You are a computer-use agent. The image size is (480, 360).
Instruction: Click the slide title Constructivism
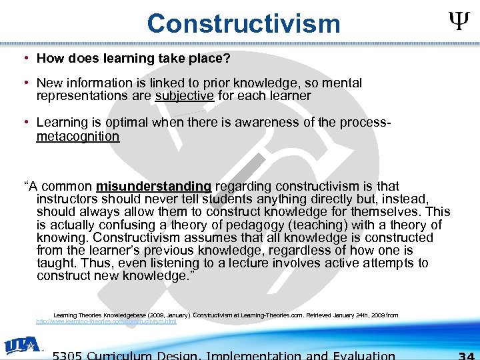point(243,23)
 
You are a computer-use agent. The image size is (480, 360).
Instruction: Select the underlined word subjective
point(185,95)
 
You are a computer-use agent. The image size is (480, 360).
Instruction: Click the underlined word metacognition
point(78,136)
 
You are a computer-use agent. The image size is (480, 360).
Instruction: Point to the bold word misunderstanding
point(153,186)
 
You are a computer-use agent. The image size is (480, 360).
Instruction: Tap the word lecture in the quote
point(302,263)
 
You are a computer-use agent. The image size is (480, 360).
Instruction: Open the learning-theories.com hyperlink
point(106,321)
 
